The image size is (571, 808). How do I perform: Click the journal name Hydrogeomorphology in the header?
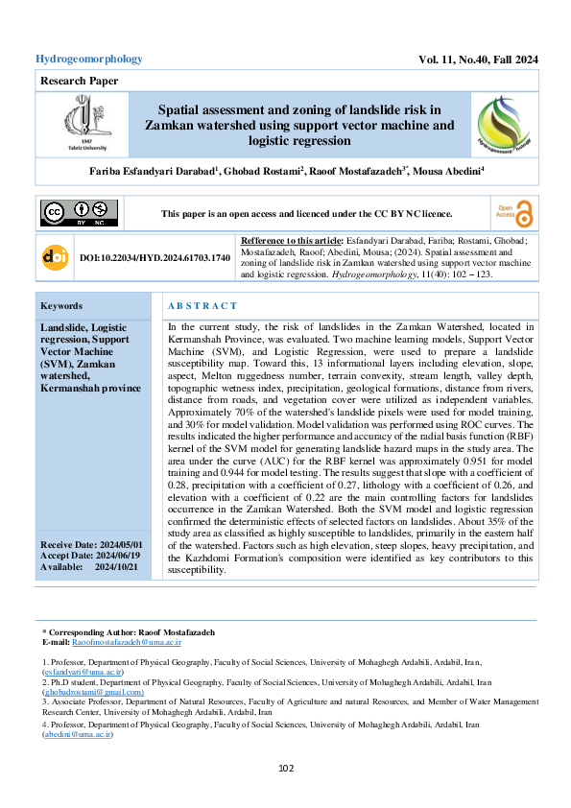pos(89,59)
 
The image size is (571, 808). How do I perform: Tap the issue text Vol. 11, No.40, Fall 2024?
pos(478,59)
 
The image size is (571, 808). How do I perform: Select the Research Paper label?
pos(76,82)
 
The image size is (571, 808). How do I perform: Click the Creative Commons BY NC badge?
pos(79,213)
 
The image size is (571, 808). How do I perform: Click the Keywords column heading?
pos(61,306)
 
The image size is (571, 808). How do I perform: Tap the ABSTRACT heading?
pos(202,306)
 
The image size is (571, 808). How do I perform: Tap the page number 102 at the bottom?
pos(286,768)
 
